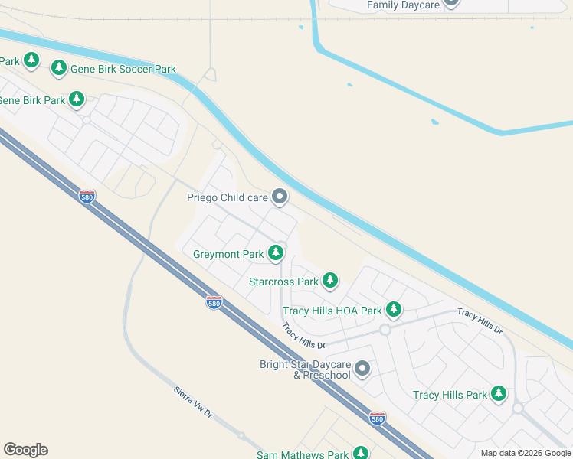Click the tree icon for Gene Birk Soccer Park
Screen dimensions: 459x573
click(58, 68)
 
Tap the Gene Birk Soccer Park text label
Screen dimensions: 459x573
click(123, 69)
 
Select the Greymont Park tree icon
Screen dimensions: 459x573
click(275, 253)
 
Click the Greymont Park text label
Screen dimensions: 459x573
click(228, 254)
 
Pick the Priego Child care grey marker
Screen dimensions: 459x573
click(280, 197)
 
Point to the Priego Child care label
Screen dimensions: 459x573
click(228, 197)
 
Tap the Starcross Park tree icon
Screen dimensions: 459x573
click(329, 281)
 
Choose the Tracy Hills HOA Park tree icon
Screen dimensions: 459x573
click(393, 310)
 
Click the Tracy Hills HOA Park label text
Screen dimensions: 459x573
click(332, 311)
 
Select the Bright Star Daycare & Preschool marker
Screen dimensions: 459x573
click(362, 369)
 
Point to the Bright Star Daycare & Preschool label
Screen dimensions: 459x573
click(305, 369)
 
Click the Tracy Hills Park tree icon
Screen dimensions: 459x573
click(499, 394)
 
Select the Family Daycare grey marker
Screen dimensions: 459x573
click(451, 3)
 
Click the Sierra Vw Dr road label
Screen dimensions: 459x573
click(192, 402)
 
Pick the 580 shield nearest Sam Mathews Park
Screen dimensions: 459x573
click(376, 418)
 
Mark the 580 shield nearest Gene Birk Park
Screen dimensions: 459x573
click(87, 197)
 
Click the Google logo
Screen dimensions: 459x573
click(25, 450)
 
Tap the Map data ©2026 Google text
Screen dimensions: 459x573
click(526, 453)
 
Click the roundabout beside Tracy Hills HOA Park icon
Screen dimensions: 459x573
click(385, 330)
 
